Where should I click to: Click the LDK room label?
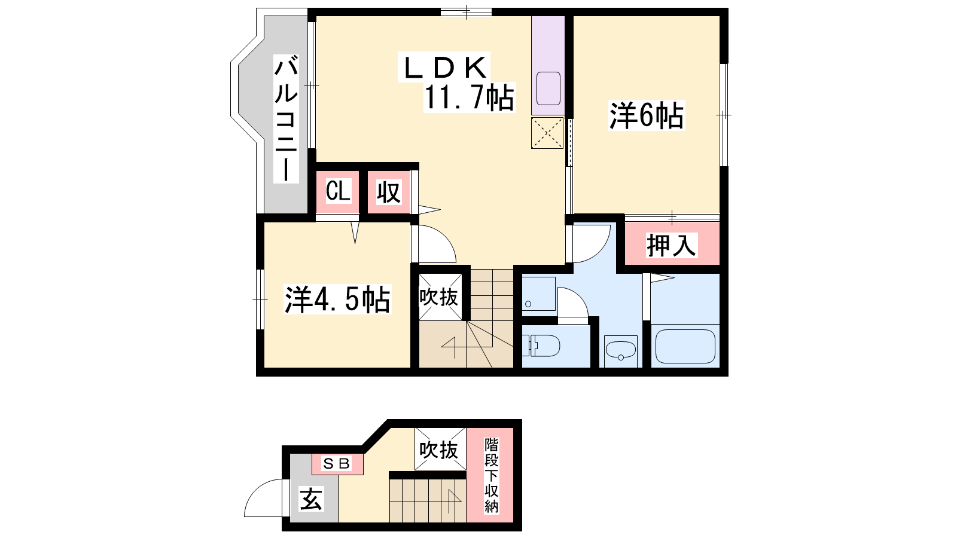pos(444,68)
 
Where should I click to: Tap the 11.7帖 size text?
pos(469,97)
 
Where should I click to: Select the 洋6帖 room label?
pos(647,115)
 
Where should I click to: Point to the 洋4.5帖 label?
pos(337,299)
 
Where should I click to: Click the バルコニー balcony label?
pos(286,119)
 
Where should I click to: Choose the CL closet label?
pos(338,191)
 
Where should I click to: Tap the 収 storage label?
pos(389,192)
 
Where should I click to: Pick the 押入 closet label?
pos(672,246)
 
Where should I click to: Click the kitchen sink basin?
pos(548,88)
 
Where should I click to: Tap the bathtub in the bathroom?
pos(685,346)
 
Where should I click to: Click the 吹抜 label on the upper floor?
pos(439,296)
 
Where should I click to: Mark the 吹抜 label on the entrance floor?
pos(439,450)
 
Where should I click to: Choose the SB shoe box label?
pos(337,463)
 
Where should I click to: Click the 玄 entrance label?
pos(310,499)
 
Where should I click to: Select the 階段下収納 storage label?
pos(491,475)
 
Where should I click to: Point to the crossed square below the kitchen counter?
pos(547,133)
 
